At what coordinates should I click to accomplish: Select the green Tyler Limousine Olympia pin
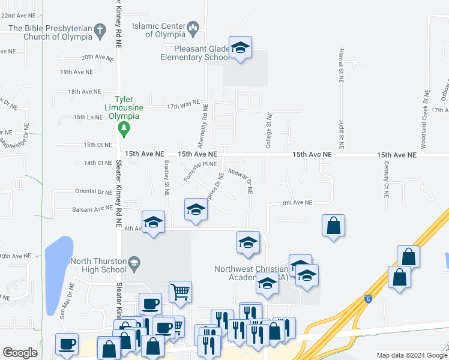pos(124,127)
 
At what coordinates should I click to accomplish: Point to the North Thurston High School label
pos(98,265)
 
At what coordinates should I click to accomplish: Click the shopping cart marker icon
pos(180,292)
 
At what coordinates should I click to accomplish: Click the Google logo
pos(20,353)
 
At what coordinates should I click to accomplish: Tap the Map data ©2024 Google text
pos(411,355)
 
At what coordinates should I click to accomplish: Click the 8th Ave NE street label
pos(298,203)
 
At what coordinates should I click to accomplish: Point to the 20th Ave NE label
pos(97,57)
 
